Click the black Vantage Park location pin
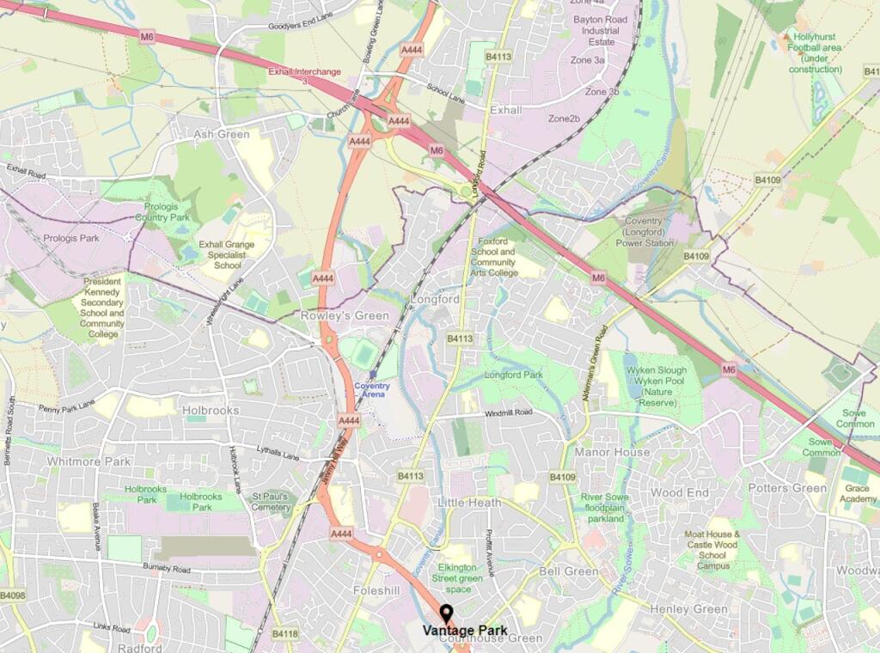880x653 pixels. click(x=446, y=613)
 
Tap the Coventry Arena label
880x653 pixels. click(x=372, y=390)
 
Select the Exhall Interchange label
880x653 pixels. click(x=304, y=73)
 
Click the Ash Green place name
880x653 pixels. click(x=222, y=134)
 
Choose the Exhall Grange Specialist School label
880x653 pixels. click(x=227, y=255)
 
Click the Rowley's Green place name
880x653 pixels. click(x=345, y=315)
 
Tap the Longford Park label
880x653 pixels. click(x=514, y=375)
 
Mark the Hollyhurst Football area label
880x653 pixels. click(x=816, y=53)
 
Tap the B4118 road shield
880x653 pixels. click(x=284, y=634)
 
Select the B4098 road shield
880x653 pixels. click(x=13, y=595)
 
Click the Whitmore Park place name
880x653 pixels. click(x=89, y=461)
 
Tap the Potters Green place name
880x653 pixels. click(x=786, y=488)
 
